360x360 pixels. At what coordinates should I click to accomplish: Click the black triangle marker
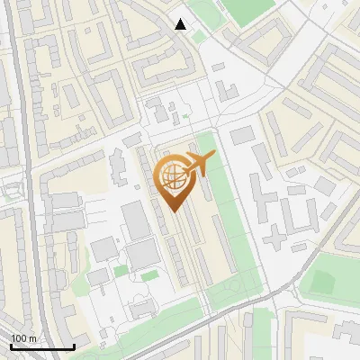[x=181, y=24]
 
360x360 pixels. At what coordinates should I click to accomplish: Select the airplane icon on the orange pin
[x=197, y=163]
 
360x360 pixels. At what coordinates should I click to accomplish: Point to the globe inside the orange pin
[x=174, y=176]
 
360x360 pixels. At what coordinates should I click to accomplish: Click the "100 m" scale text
[x=23, y=338]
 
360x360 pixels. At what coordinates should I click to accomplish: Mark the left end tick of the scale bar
[x=11, y=346]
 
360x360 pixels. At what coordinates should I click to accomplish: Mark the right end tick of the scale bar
[x=74, y=346]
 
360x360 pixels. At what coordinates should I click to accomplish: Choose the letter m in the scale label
[x=32, y=338]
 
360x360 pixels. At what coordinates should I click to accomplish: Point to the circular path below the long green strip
[x=235, y=286]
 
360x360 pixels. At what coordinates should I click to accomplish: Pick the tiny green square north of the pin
[x=185, y=116]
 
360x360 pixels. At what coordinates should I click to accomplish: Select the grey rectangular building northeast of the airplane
[x=242, y=135]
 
